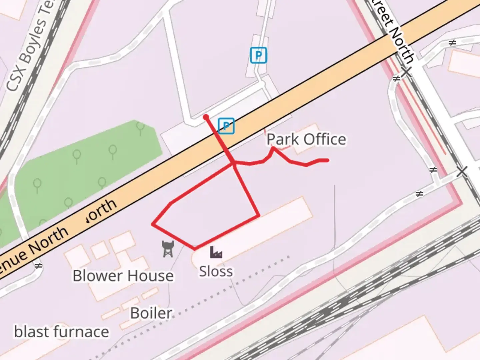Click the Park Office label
click(x=306, y=139)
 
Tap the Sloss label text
click(x=216, y=271)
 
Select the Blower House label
click(x=123, y=276)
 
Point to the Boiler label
click(x=151, y=313)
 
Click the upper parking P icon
click(x=259, y=55)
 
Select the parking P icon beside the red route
click(x=226, y=126)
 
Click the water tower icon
click(x=168, y=249)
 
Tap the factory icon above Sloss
click(x=216, y=252)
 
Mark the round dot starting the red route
click(x=206, y=117)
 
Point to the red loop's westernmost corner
click(x=153, y=224)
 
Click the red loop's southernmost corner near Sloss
click(x=195, y=249)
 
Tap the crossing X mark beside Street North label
click(x=406, y=71)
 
